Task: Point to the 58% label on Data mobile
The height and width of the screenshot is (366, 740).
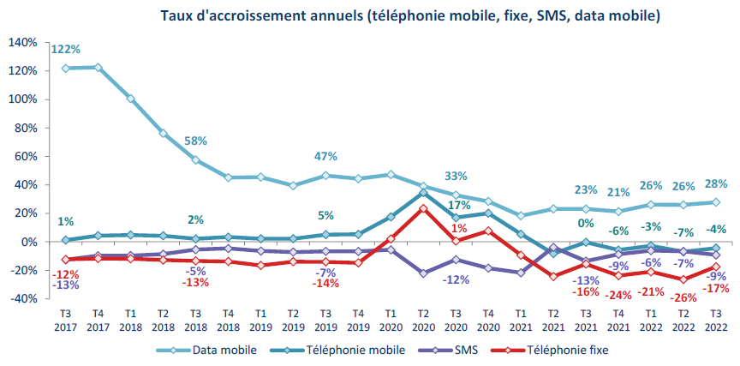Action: (196, 140)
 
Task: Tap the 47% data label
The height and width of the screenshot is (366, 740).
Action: (325, 157)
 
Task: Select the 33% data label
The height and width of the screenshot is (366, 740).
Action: (456, 176)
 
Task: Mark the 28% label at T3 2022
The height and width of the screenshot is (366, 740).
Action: (715, 184)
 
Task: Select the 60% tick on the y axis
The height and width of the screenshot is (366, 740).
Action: (25, 156)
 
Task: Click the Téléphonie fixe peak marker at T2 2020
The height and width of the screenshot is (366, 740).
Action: (423, 207)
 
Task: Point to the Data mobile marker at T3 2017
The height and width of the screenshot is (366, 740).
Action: (66, 68)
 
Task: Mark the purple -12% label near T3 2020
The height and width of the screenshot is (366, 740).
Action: (456, 279)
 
